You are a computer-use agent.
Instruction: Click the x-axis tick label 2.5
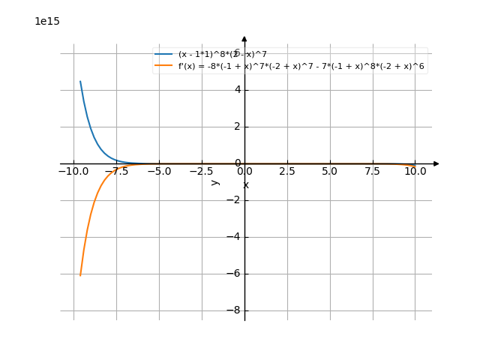(287, 172)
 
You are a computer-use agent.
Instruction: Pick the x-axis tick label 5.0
(330, 172)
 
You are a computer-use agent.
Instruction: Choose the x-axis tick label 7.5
(373, 172)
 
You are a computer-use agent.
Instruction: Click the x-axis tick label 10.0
(415, 172)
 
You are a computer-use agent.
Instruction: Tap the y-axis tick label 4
(237, 90)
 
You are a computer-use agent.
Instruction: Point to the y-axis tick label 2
(237, 127)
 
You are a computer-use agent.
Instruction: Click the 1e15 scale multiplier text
(47, 22)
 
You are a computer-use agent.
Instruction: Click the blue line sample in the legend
(164, 55)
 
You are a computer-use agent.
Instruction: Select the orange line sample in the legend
(164, 66)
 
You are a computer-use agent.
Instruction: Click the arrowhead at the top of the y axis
(244, 38)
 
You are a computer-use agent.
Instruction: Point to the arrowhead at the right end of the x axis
(436, 163)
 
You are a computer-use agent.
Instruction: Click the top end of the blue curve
(80, 81)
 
